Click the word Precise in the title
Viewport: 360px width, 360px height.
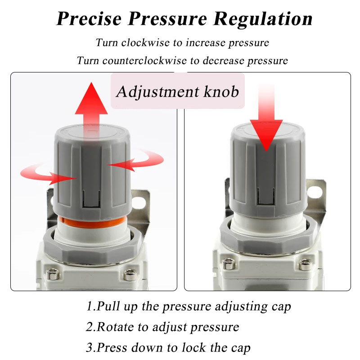pyautogui.click(x=89, y=18)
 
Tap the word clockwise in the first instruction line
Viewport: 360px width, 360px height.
pyautogui.click(x=145, y=43)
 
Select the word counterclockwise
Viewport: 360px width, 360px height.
pyautogui.click(x=144, y=61)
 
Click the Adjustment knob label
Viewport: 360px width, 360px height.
pyautogui.click(x=177, y=92)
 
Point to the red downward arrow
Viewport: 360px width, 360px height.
pyautogui.click(x=266, y=118)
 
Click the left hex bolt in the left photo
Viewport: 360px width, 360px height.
pyautogui.click(x=53, y=274)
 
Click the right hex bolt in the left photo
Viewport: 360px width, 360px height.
pyautogui.click(x=130, y=274)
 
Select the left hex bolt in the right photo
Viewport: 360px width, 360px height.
pyautogui.click(x=229, y=263)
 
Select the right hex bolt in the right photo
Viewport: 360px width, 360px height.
pyautogui.click(x=306, y=264)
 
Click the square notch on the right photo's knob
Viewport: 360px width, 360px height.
pyautogui.click(x=266, y=196)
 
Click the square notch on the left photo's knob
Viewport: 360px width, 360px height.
pyautogui.click(x=91, y=198)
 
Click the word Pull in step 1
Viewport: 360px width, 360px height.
pyautogui.click(x=108, y=306)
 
